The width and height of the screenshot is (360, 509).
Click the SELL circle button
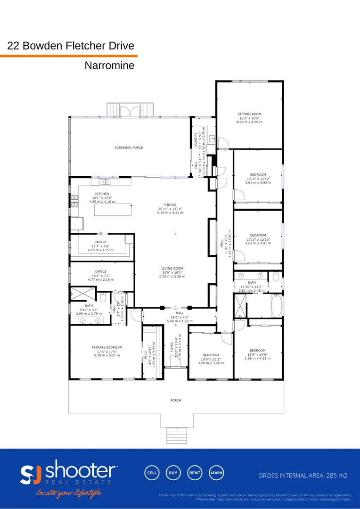pos(151,473)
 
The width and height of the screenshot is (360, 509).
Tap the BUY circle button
pos(173,473)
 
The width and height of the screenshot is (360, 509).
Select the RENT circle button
pos(195,473)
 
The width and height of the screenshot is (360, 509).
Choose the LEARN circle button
pos(216,473)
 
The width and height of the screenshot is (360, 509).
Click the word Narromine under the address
pos(109,66)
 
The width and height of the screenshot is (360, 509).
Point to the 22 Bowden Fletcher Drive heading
pos(71,46)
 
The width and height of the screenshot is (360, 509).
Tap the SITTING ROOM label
pos(249,114)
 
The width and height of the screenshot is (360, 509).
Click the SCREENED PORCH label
pos(129,148)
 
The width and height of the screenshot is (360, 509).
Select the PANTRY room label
pos(100,242)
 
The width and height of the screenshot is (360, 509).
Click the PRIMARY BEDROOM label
pos(106,347)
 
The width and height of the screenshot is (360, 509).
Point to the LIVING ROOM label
pos(172,268)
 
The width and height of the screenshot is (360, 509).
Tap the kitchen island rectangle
pos(112,209)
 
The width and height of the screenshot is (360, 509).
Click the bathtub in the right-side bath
pos(276,305)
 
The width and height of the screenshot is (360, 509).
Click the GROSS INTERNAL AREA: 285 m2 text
pos(303,476)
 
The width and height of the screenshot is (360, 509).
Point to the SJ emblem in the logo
pos(31,474)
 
